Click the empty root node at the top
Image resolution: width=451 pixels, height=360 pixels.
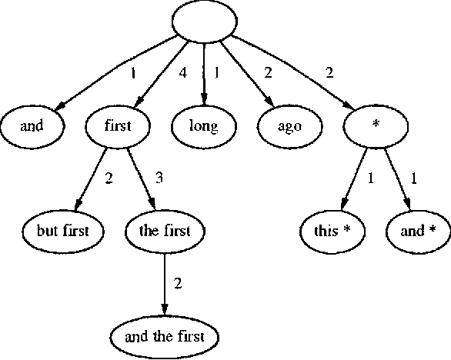coord(203,22)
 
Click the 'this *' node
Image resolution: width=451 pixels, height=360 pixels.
coord(333,230)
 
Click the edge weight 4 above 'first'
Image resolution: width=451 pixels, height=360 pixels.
coord(182,75)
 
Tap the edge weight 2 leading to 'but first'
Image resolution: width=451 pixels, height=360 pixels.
coord(109,178)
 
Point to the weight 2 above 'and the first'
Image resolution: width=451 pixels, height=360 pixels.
coord(178,284)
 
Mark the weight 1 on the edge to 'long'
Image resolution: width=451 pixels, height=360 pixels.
coord(217,75)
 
